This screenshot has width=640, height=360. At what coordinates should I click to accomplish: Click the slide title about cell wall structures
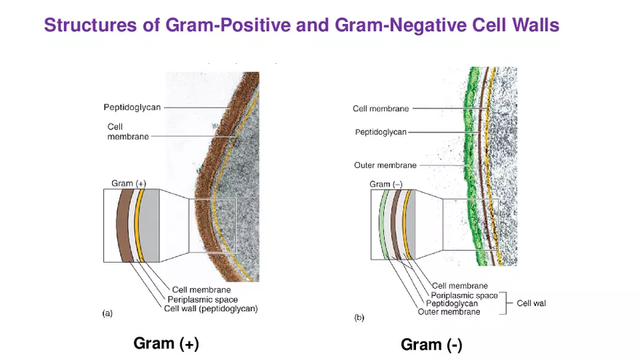coord(301,25)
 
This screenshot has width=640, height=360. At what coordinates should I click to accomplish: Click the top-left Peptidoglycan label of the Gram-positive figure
coord(132,107)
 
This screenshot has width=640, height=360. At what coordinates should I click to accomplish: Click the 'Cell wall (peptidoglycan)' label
coord(211,309)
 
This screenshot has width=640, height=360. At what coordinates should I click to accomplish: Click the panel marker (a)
coord(107,313)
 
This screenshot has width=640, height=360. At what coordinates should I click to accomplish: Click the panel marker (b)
coord(359,318)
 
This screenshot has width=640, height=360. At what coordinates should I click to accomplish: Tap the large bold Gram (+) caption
coord(166,343)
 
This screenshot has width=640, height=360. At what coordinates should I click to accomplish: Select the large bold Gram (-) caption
coord(431,344)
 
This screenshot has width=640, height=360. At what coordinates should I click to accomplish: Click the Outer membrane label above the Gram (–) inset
coord(385,165)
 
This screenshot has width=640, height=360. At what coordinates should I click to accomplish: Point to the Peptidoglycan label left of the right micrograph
coord(380,132)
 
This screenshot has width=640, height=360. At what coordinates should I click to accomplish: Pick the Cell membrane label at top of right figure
coord(380,108)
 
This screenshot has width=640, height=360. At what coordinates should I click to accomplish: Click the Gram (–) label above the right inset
coord(385,184)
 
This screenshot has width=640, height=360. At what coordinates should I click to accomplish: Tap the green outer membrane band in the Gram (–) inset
coord(383,225)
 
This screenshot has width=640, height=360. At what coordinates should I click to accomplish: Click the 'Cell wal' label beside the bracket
coord(531,303)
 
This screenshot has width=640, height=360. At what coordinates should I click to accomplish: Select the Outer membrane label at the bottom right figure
coord(449,312)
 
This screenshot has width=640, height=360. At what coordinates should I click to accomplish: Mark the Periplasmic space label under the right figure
coord(465,295)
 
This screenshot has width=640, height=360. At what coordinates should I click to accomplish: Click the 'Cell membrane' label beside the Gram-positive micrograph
coord(128,132)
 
